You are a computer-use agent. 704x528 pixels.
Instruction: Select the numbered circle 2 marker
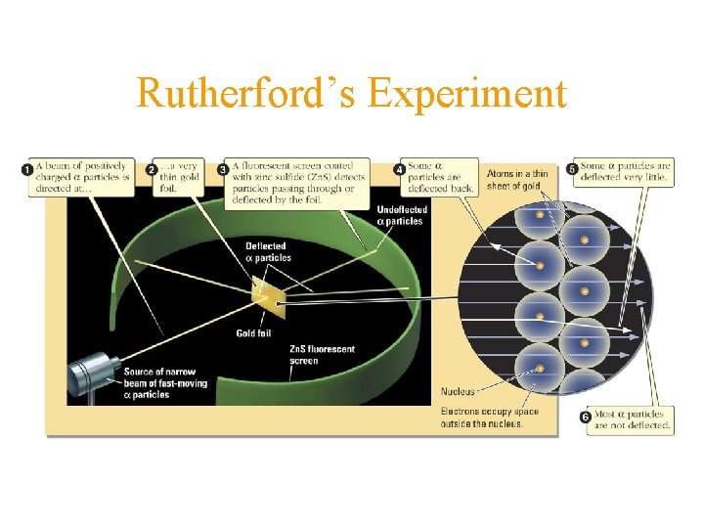coord(152,170)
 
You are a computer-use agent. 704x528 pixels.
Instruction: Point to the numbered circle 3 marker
coord(223,170)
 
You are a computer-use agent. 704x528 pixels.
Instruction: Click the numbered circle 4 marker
coord(399,170)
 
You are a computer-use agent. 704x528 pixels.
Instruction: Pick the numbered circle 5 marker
coord(572,170)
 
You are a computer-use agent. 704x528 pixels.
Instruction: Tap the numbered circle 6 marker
coord(585,418)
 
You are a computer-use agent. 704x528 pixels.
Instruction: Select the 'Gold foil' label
coord(253,333)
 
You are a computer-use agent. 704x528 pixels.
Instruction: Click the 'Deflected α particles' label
coord(267,252)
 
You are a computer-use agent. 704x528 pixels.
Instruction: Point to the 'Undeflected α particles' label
coord(400,215)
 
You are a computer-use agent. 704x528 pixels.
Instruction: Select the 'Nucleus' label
coord(459,391)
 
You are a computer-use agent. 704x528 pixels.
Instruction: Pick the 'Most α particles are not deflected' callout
coord(631,419)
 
